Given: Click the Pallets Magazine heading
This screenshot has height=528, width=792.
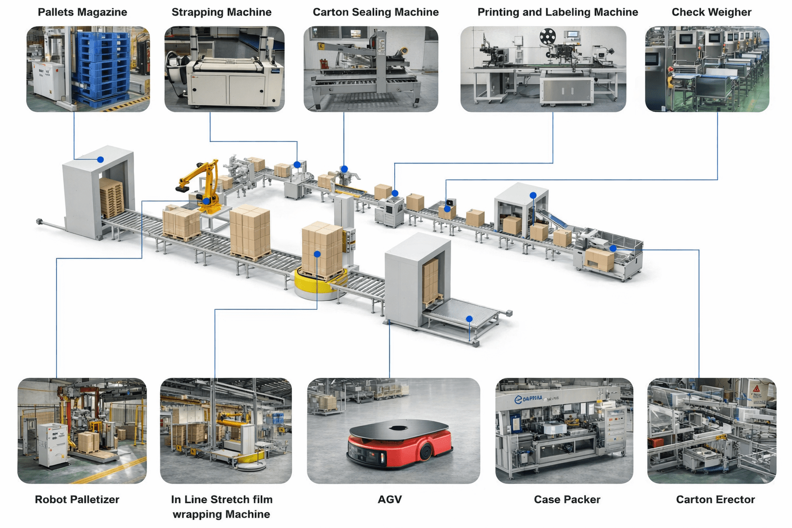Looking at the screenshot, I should point(82,12).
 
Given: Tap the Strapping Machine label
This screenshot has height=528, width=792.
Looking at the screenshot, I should point(221,12).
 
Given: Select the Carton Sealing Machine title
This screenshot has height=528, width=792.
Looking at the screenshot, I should point(375,12).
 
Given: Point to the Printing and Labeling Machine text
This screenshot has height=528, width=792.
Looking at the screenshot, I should point(557,12).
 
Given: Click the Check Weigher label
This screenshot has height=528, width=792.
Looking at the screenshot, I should point(711,12).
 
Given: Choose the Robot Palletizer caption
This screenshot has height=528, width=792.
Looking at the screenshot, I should point(77,499).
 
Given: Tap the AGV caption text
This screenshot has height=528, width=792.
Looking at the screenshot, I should point(389,499).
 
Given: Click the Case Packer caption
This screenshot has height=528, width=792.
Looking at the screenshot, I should point(567,499).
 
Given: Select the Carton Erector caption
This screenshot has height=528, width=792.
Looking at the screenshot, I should point(715,499).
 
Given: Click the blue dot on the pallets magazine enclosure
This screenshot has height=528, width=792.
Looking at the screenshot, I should point(101,160).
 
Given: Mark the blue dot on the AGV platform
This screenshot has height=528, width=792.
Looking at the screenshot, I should point(469,319).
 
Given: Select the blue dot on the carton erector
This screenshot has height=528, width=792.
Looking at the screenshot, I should point(613,249).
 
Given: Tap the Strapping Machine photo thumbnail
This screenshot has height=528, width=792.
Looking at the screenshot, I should point(224,69).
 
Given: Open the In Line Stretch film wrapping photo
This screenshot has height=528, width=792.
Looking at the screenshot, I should point(226,431).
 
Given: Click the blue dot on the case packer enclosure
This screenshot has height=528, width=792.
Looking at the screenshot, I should point(533,195).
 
